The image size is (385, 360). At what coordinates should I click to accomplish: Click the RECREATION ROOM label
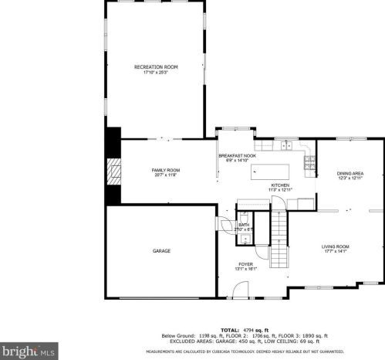(x=156, y=67)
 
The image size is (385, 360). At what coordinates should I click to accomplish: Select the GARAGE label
(x=161, y=250)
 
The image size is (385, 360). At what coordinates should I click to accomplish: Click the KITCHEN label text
(x=279, y=185)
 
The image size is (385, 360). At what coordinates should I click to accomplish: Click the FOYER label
(x=246, y=264)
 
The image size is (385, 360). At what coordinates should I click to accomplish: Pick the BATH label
(x=244, y=225)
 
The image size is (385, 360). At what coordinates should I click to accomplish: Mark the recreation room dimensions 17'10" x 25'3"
(x=156, y=72)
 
